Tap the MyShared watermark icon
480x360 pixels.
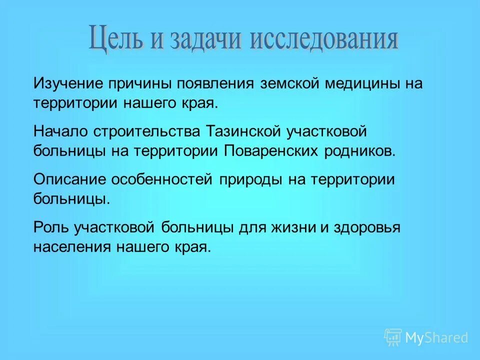393,337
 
